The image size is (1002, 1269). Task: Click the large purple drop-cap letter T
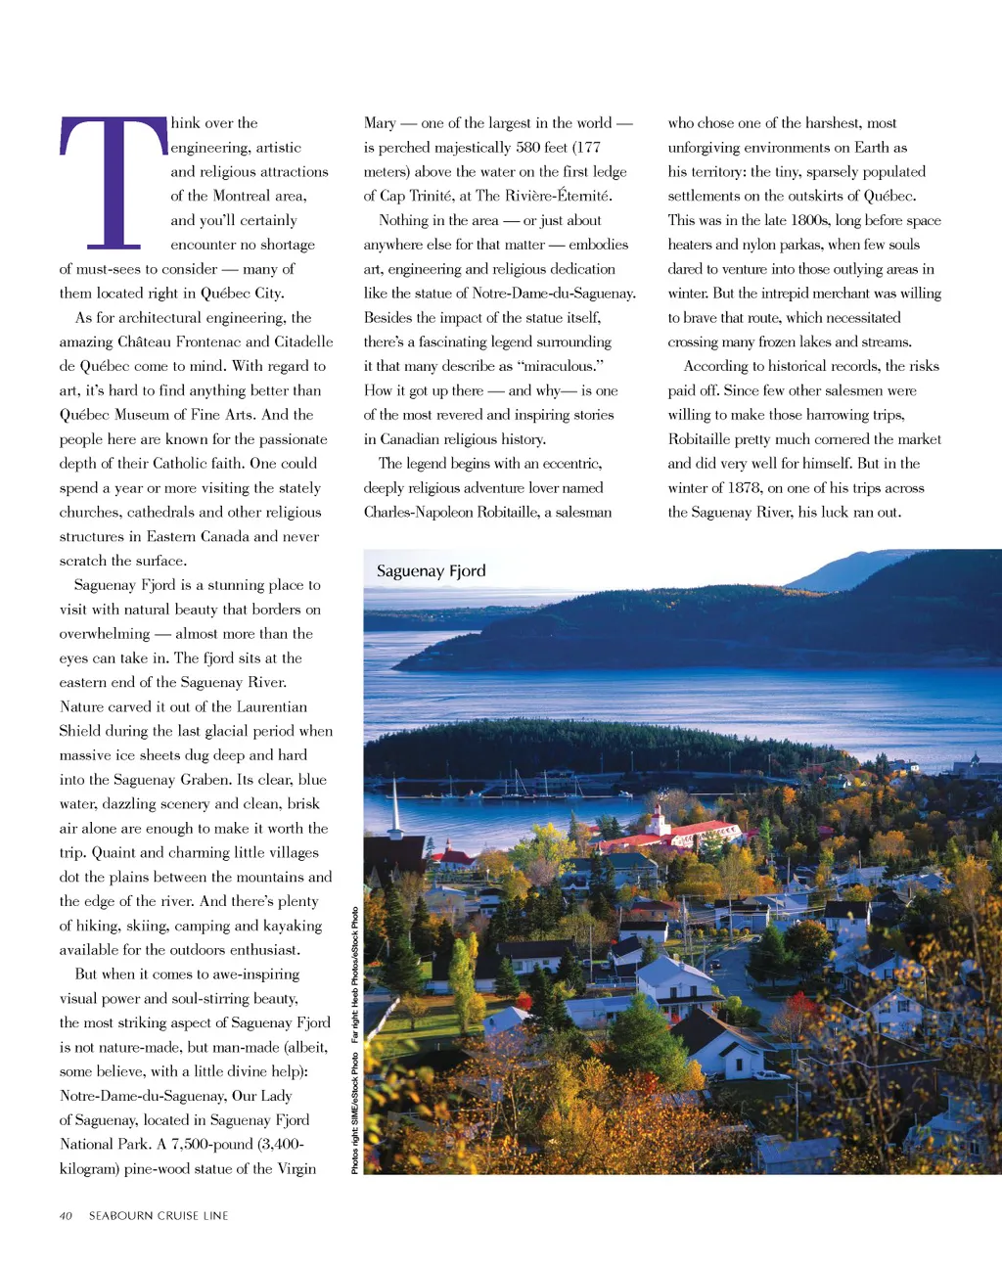[114, 181]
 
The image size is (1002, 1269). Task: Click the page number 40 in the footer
[66, 1215]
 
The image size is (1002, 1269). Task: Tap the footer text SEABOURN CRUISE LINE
[159, 1215]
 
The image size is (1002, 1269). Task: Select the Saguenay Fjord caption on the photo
[431, 570]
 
